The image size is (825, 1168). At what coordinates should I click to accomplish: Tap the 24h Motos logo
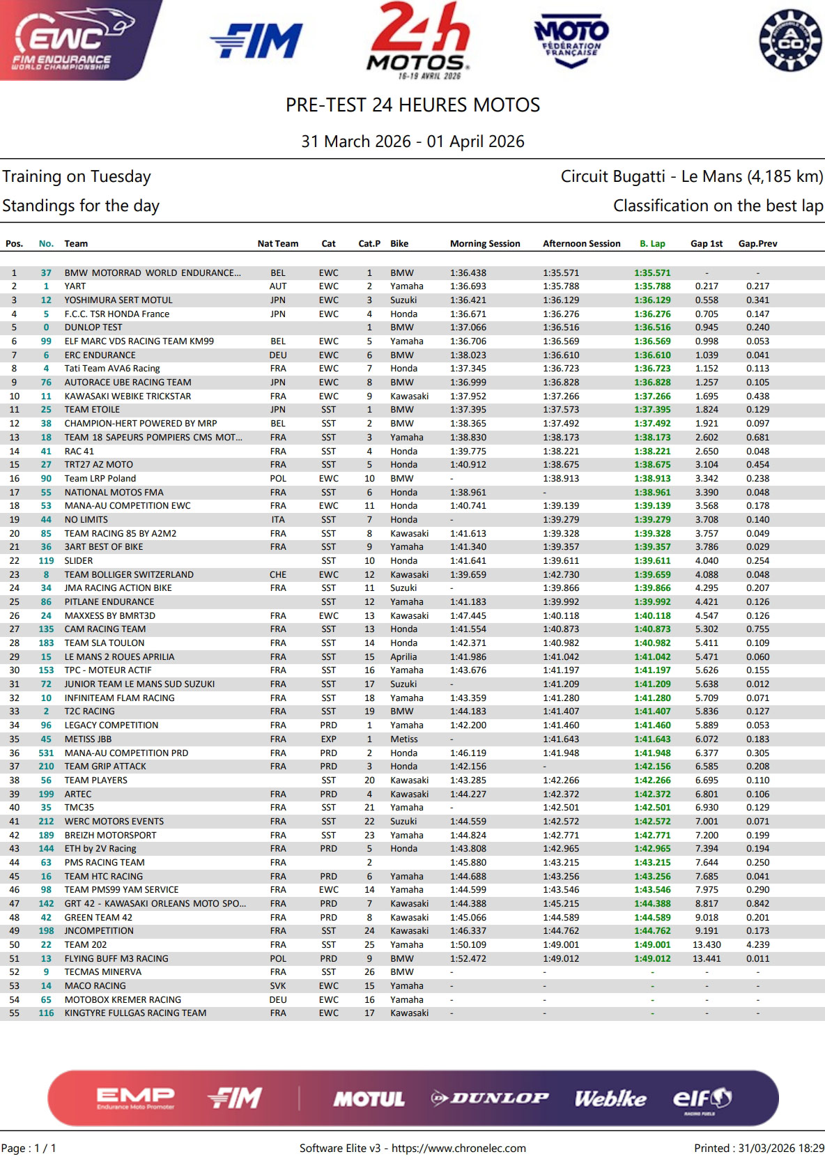coord(419,40)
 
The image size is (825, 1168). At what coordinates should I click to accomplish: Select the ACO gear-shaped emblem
coord(791,40)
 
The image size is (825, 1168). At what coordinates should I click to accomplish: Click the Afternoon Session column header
coord(581,244)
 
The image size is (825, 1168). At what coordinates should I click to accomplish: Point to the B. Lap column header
coord(652,244)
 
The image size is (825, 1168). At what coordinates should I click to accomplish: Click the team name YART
coord(75,286)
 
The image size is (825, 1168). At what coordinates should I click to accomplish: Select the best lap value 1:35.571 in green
coord(652,273)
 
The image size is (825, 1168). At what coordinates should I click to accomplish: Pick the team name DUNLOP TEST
coord(93,328)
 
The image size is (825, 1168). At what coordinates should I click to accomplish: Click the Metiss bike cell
coord(404,739)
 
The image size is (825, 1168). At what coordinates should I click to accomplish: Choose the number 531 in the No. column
coord(46,753)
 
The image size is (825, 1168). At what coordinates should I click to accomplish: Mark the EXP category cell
coord(328,739)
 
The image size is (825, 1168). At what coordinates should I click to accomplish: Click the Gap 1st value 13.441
coord(707,958)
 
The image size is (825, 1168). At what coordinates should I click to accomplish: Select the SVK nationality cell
coord(278,985)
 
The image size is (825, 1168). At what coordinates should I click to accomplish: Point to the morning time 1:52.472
coord(468,958)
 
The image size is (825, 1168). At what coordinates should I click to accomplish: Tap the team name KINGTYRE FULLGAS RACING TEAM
coord(135,1013)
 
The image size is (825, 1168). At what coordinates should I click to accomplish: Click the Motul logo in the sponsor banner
coord(369,1099)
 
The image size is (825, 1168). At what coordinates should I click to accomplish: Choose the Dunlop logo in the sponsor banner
coord(489,1099)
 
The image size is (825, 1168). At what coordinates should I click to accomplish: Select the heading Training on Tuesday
coord(77,176)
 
